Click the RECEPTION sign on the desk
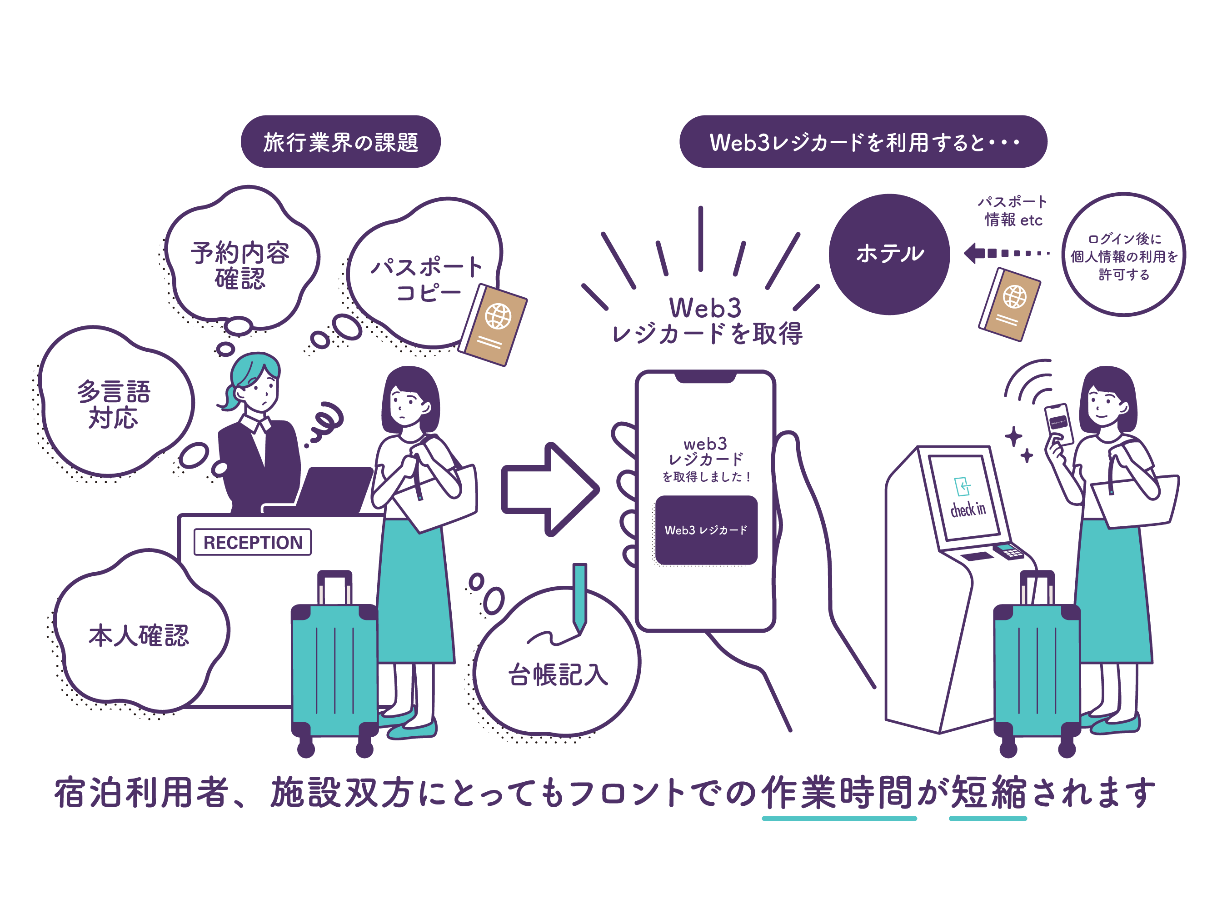coord(253,542)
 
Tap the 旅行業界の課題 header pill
coord(340,142)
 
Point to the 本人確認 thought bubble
coord(139,635)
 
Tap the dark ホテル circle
coord(889,254)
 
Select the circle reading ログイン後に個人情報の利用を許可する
coord(1123,255)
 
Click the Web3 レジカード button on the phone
coord(706,530)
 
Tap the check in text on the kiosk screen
coord(968,509)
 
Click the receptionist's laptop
coord(334,489)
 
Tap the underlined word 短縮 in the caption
coord(988,792)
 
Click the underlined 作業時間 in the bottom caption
coord(838,792)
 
